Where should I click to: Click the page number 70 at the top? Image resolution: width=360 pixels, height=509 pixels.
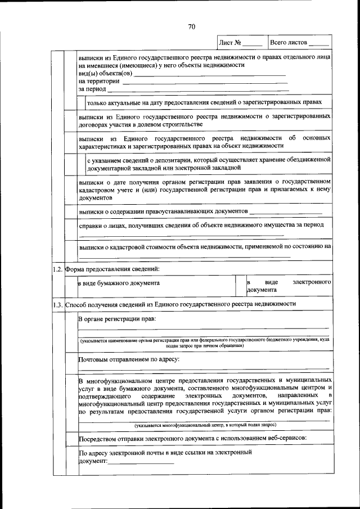[191, 26]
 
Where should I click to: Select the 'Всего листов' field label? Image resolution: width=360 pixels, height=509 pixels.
[289, 43]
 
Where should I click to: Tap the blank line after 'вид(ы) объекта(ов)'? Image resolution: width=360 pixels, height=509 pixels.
[210, 75]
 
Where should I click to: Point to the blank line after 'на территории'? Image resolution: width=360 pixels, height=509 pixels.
[205, 83]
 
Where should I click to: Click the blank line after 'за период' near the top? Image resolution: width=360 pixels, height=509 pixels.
[198, 91]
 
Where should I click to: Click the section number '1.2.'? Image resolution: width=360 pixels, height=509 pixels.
[57, 269]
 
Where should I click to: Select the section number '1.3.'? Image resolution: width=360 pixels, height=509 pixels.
[57, 304]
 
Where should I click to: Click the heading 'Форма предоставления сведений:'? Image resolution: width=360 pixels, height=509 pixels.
[112, 269]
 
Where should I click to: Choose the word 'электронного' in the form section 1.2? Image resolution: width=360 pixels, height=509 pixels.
[312, 281]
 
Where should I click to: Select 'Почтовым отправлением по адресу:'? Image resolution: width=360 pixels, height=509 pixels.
[128, 358]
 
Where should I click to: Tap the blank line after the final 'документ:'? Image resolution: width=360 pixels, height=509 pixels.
[141, 462]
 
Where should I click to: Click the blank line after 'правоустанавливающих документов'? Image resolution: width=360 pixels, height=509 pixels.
[286, 211]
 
